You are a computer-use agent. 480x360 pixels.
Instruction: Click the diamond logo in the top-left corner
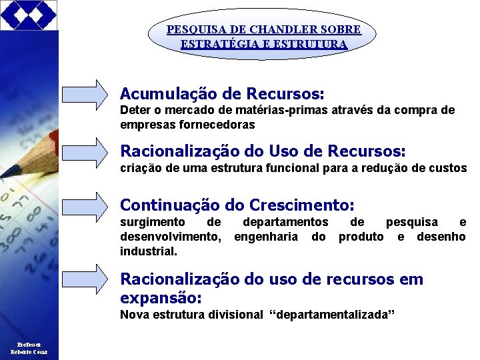pos(29,15)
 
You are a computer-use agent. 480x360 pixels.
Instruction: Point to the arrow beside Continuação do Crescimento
pos(85,206)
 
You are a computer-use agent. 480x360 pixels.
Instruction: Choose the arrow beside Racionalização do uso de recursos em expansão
pos(85,279)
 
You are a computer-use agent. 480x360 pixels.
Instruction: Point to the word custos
pos(447,168)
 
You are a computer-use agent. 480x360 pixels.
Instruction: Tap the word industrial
pos(149,251)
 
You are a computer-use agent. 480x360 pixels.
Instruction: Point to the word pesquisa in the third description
pos(412,222)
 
